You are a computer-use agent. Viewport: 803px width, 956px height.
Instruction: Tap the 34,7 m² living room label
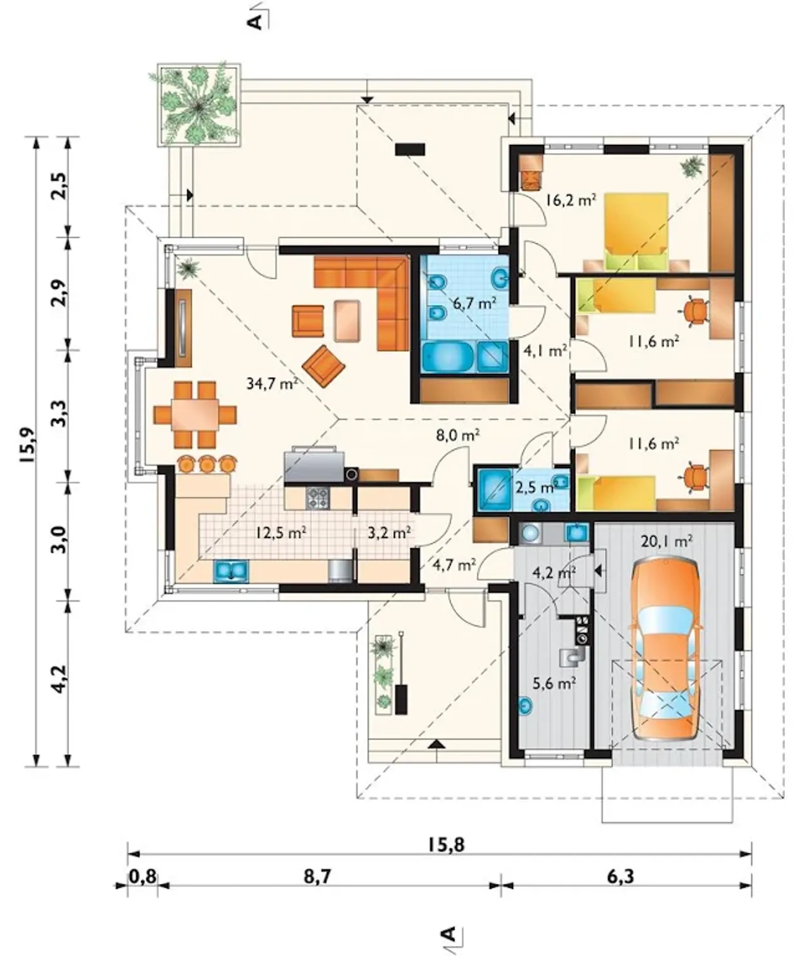(x=273, y=383)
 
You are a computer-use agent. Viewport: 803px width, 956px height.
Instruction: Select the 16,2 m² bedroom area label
(x=570, y=200)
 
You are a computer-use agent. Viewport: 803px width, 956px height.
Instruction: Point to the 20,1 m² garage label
(x=666, y=541)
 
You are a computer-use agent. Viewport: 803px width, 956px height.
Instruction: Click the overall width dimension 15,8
(x=447, y=844)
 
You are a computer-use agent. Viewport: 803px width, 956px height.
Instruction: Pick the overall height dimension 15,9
(x=28, y=445)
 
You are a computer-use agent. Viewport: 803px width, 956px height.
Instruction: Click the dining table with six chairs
(x=196, y=415)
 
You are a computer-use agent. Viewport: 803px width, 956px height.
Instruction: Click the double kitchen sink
(x=231, y=570)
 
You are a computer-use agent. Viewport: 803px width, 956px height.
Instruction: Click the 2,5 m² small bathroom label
(x=536, y=487)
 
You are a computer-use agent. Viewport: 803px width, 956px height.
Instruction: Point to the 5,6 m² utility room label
(x=554, y=684)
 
